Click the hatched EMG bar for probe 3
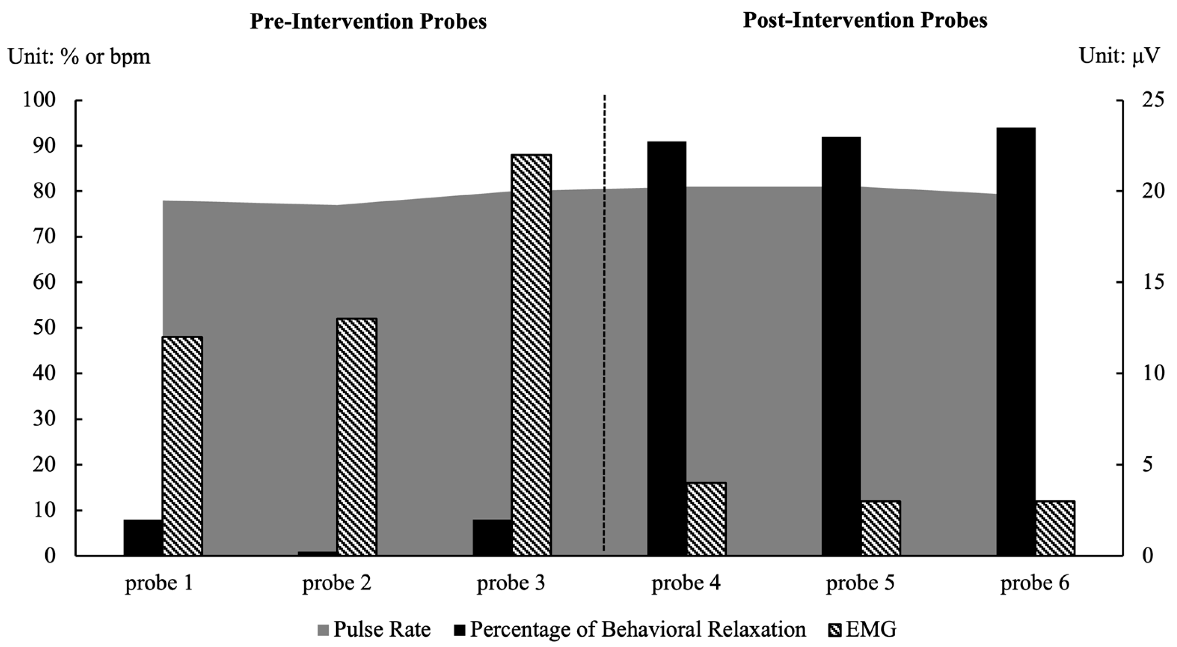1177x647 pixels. [531, 355]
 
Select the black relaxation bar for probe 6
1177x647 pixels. [1016, 341]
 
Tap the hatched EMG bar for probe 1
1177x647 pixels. [182, 446]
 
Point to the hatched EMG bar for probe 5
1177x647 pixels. [880, 528]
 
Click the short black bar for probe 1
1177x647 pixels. [143, 537]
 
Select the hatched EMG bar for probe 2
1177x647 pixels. [357, 437]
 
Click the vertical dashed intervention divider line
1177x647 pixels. [604, 320]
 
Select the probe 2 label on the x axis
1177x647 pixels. [336, 583]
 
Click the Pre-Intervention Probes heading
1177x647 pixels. [368, 22]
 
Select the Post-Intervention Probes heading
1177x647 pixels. [865, 21]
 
